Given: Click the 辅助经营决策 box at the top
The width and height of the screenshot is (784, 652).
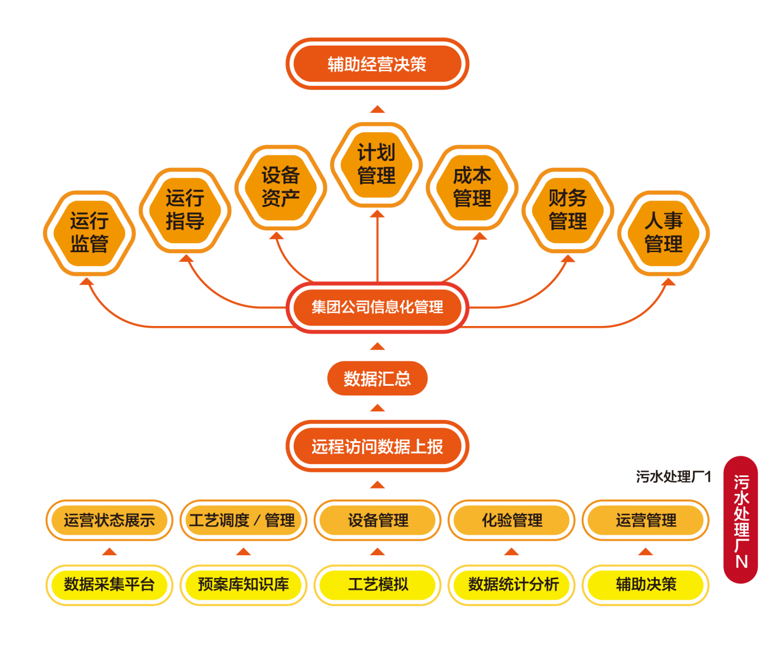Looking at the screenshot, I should (x=377, y=64).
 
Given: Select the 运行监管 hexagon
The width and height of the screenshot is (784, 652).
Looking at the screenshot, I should (x=89, y=233).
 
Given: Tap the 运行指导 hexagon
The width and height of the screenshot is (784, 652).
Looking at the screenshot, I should (x=185, y=210).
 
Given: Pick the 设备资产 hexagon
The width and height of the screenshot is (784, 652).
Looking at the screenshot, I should (x=281, y=187).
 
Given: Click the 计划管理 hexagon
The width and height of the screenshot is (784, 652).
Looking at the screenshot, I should (x=376, y=165).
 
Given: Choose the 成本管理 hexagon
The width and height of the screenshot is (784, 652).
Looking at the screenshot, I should (x=472, y=187).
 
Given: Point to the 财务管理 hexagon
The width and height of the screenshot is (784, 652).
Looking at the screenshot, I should (x=568, y=210).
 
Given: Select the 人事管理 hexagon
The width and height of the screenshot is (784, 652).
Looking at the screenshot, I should (x=663, y=233).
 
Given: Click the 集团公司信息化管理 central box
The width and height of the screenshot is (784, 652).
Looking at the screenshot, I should (x=377, y=307).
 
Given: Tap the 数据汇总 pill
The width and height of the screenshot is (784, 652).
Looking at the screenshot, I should (x=377, y=379).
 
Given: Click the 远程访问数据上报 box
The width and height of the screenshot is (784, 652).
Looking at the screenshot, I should (x=377, y=447).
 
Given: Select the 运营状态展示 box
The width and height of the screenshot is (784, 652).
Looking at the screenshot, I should (x=109, y=521).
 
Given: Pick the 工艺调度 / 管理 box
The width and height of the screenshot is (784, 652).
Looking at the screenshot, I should (x=243, y=521).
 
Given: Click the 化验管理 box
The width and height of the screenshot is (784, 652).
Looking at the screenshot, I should (x=512, y=521).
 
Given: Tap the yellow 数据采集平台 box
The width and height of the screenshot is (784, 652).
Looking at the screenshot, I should (x=109, y=585).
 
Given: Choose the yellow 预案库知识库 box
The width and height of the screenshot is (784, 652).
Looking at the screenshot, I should (x=243, y=585).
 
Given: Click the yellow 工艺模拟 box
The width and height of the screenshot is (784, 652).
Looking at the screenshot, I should (x=378, y=585).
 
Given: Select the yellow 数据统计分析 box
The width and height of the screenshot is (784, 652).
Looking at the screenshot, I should (x=512, y=585).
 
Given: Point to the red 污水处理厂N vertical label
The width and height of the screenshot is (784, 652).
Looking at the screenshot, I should (x=741, y=520).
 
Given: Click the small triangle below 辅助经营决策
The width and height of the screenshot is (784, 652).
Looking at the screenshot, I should (x=377, y=109).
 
